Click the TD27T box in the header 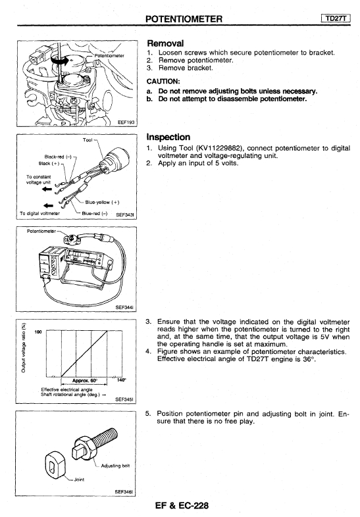pos(335,18)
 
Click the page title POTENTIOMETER pos(184,19)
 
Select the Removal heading pos(165,43)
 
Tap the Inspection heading pos(168,137)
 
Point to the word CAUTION pos(163,82)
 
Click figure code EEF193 pos(126,122)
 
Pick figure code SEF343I pos(125,214)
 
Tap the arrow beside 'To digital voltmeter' pos(48,206)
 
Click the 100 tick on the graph pos(38,332)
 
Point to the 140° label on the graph pos(122,380)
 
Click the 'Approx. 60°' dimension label pos(85,380)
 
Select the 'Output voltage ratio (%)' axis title pos(23,347)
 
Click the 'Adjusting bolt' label pos(115,466)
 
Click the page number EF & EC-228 pos(182,505)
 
